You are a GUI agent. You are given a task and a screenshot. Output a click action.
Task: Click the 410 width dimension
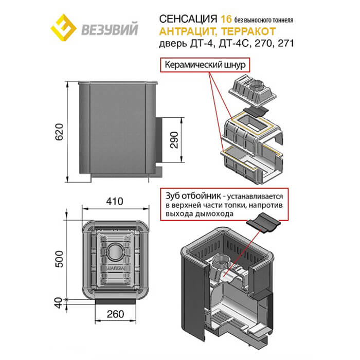tap(114, 202)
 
